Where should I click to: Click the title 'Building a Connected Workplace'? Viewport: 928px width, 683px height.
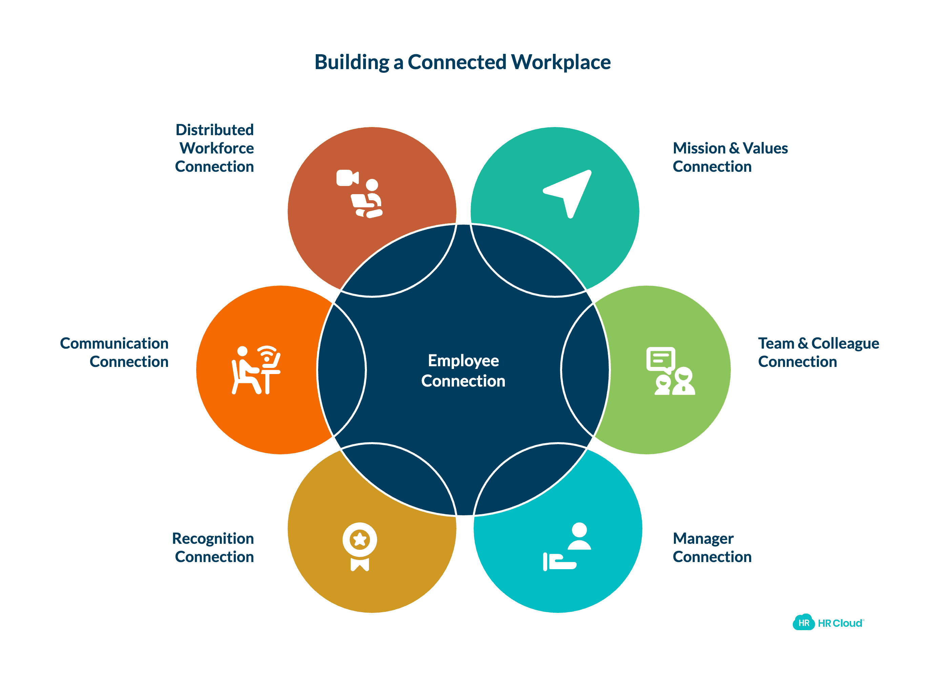[x=462, y=62]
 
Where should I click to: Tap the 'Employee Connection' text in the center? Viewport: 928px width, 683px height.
[x=463, y=370]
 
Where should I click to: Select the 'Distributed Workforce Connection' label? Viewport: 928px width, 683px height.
[x=214, y=148]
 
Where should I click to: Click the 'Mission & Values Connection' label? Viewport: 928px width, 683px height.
[x=730, y=157]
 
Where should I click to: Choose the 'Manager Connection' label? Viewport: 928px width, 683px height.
[x=712, y=547]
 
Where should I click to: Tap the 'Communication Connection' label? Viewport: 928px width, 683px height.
[x=115, y=352]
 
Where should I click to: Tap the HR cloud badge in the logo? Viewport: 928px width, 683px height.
[x=803, y=623]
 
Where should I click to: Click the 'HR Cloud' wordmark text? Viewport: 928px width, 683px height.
[x=840, y=623]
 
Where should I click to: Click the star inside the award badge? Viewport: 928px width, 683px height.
[x=359, y=539]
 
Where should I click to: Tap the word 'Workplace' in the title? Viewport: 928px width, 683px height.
[x=560, y=62]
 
